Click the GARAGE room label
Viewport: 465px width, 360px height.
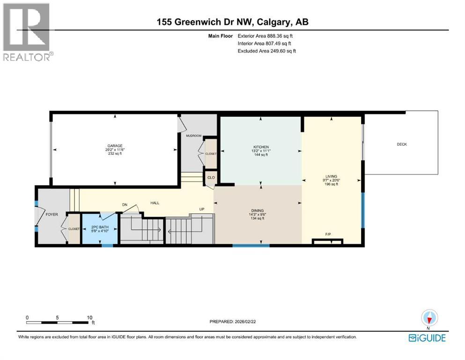[115, 146]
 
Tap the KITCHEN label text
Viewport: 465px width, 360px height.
[260, 147]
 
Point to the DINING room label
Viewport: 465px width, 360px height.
[258, 211]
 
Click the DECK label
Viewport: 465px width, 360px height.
[402, 144]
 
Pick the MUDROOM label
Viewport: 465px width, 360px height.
[193, 136]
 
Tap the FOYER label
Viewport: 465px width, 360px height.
[52, 214]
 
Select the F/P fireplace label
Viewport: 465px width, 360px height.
[328, 233]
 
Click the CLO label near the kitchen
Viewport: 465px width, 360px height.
[211, 178]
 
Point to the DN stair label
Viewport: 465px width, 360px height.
[125, 204]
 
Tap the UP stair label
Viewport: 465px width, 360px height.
[202, 209]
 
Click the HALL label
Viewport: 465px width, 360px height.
[155, 203]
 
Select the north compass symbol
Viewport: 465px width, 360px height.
[429, 318]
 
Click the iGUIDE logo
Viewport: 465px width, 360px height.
[427, 338]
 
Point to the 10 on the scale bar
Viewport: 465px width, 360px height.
[89, 317]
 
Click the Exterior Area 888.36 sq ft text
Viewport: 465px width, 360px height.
[266, 36]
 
